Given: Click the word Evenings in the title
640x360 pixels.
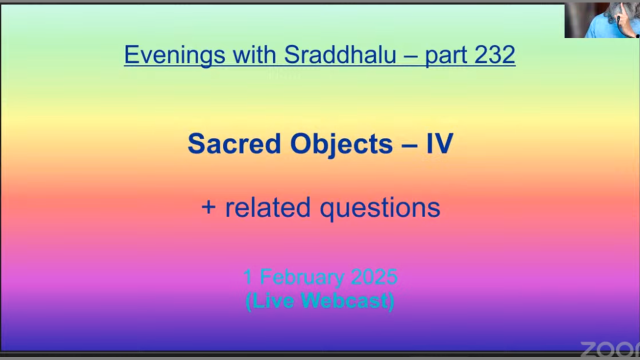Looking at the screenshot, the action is pyautogui.click(x=175, y=55).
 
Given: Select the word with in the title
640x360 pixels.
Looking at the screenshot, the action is pyautogui.click(x=254, y=54).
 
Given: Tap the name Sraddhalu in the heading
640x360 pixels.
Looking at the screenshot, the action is pyautogui.click(x=340, y=54).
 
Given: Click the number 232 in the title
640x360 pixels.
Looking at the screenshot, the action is pyautogui.click(x=494, y=54).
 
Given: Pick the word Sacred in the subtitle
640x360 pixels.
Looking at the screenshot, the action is pyautogui.click(x=234, y=143).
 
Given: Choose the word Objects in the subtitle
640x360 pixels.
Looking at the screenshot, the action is pyautogui.click(x=341, y=144).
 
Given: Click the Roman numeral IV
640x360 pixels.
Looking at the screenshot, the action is pyautogui.click(x=439, y=143).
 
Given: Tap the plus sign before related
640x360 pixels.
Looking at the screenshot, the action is pyautogui.click(x=208, y=207).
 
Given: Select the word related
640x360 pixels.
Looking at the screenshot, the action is pyautogui.click(x=268, y=207).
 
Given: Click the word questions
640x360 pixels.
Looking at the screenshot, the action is pyautogui.click(x=380, y=209).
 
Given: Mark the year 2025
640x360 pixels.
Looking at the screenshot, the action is pyautogui.click(x=374, y=276).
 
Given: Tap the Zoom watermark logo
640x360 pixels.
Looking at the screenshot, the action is pyautogui.click(x=610, y=349).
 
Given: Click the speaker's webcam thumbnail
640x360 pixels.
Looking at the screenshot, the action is pyautogui.click(x=602, y=20).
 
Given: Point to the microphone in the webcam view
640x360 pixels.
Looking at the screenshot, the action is pyautogui.click(x=618, y=23).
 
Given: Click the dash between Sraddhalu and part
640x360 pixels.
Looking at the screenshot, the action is pyautogui.click(x=411, y=55).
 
